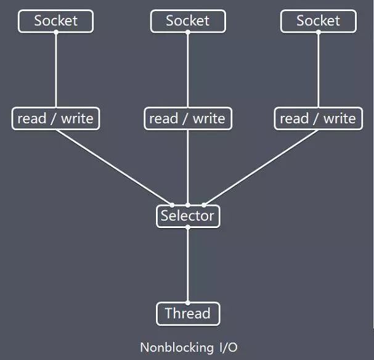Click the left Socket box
(x=55, y=21)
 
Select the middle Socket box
(x=188, y=21)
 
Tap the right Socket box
(x=319, y=21)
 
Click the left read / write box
(x=55, y=118)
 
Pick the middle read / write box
(x=188, y=118)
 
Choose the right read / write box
(x=319, y=118)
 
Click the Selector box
(x=188, y=216)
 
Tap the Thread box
(x=188, y=314)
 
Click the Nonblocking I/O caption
(x=189, y=347)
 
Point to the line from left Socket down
(x=56, y=70)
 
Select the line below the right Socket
(x=319, y=70)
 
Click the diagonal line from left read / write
(x=114, y=168)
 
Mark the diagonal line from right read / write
(x=261, y=168)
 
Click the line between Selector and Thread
(x=188, y=265)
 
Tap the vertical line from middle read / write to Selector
(x=188, y=168)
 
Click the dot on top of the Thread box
(x=188, y=303)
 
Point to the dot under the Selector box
(x=188, y=227)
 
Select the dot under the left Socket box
(x=56, y=32)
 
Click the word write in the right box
(x=339, y=118)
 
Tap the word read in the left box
(x=31, y=118)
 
